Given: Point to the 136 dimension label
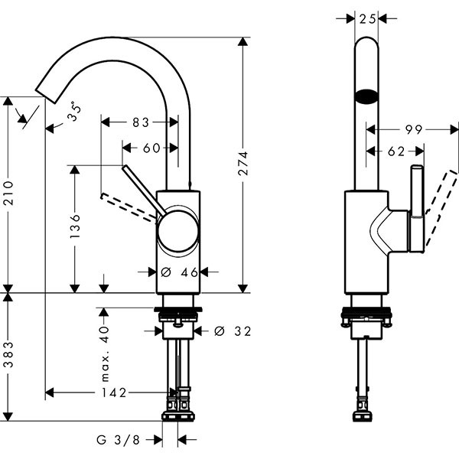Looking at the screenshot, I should [x=75, y=228].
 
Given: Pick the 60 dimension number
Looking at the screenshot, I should [x=151, y=148].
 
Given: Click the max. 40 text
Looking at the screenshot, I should [x=105, y=354].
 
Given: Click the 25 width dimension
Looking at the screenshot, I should [x=367, y=18].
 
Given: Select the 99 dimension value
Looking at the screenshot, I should [x=414, y=130].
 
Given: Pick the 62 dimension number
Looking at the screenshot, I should [x=396, y=151].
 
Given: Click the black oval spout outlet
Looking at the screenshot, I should [x=366, y=97].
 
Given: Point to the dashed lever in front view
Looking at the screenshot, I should [x=127, y=207].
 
